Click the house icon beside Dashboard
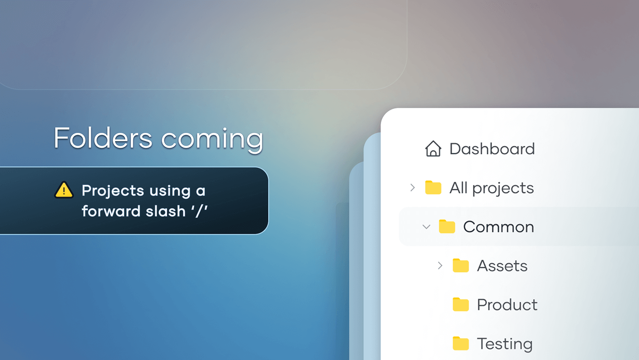coord(433,148)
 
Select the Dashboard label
coord(492,149)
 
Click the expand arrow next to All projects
coord(413,188)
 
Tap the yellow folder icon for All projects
coord(433,187)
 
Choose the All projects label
coord(491,188)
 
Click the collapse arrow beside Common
coord(426,227)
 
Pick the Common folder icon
coord(447,226)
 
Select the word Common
coord(498,227)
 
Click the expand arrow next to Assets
coord(440,265)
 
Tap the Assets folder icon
coord(461,265)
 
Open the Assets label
coord(502,266)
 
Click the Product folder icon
coord(461,304)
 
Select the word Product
coord(507,305)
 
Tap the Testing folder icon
coord(461,343)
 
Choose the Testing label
coord(505,344)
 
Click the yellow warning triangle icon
coord(64,190)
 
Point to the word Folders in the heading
coord(103,138)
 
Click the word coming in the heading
coord(212,140)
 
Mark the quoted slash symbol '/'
coord(199,211)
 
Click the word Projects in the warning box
coord(112,191)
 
